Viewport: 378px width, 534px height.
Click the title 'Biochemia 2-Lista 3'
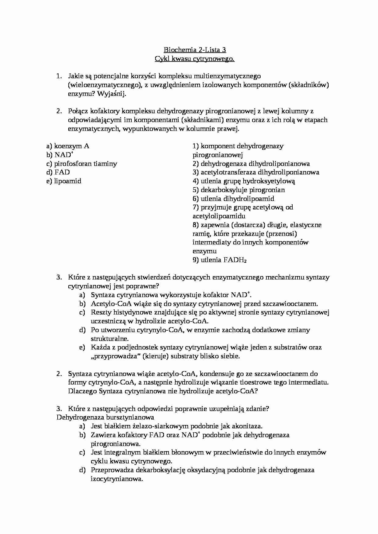[195, 50]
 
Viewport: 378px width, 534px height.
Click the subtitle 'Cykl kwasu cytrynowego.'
[195, 59]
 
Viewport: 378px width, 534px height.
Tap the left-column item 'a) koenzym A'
[68, 146]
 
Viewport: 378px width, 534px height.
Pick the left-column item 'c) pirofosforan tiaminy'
[82, 164]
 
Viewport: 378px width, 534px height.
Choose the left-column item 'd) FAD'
[58, 172]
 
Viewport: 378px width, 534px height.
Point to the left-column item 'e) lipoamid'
[64, 181]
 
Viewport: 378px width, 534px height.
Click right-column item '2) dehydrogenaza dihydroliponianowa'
[251, 164]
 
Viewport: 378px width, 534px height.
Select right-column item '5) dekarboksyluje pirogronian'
[239, 190]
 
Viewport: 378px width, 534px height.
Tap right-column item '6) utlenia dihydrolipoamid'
[234, 199]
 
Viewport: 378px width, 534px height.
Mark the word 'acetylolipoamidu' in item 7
[219, 216]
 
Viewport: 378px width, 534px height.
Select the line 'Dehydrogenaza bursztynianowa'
[105, 417]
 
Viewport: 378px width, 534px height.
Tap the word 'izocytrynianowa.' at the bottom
[117, 479]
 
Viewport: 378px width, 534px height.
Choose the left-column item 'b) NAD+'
[60, 155]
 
